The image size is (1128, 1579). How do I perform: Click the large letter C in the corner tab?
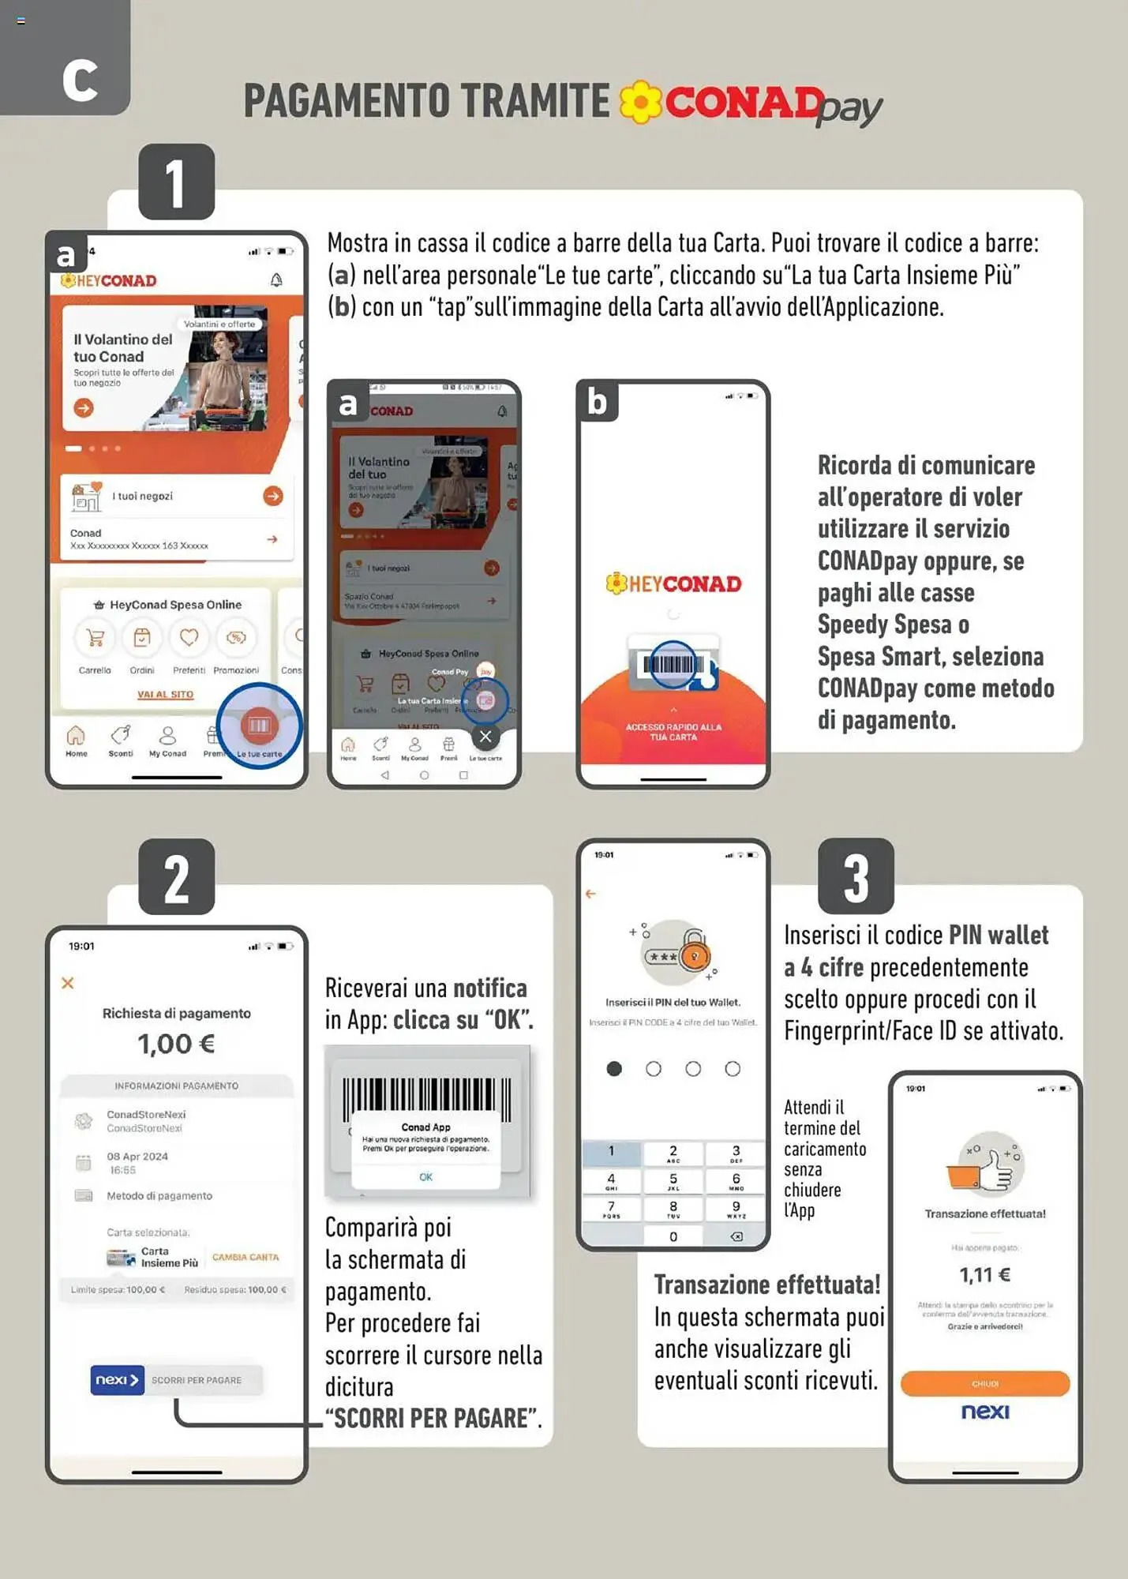(x=80, y=80)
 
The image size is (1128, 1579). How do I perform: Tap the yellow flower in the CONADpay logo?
(x=640, y=102)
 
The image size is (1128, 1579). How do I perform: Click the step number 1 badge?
(x=176, y=182)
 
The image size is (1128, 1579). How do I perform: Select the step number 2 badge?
(x=176, y=877)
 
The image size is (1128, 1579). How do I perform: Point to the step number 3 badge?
(x=856, y=876)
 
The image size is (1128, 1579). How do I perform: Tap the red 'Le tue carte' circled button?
(x=260, y=726)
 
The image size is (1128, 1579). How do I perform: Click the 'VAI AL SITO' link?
(x=166, y=695)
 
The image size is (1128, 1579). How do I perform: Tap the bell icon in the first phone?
(x=276, y=280)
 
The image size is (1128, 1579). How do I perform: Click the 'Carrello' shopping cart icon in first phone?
(x=96, y=638)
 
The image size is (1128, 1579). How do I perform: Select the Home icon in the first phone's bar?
(x=76, y=737)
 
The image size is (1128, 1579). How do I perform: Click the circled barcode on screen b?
(x=672, y=664)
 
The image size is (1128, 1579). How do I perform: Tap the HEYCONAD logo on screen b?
(x=673, y=584)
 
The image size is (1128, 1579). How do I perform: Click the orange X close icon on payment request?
(x=68, y=983)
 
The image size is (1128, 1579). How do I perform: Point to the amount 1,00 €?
(x=176, y=1044)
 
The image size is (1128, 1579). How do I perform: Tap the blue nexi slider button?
(x=117, y=1380)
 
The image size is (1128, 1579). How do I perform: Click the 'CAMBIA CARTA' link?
(x=245, y=1257)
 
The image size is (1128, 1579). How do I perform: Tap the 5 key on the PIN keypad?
(x=673, y=1181)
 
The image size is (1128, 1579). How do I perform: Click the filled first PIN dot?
(x=614, y=1069)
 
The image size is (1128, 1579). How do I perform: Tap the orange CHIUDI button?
(x=984, y=1383)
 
